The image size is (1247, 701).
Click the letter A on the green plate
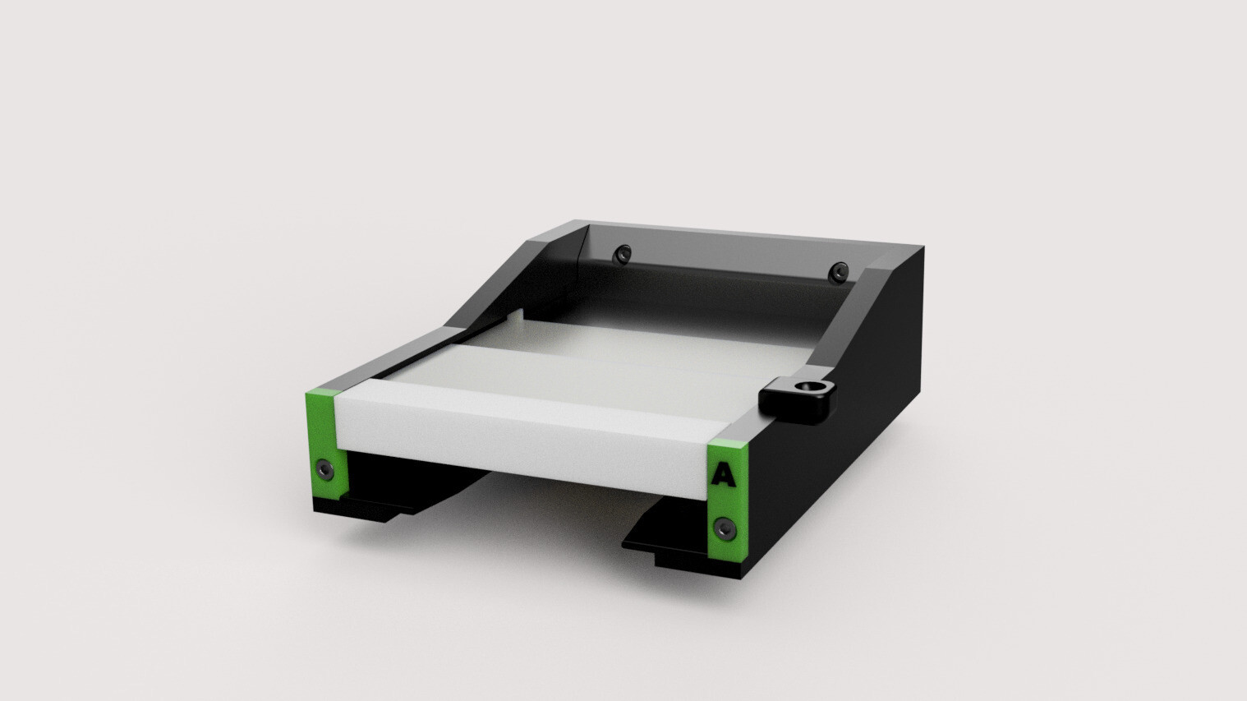point(723,475)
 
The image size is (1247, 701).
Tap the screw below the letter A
point(725,528)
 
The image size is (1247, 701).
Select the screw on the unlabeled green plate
point(325,469)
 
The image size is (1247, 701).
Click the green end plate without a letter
point(326,445)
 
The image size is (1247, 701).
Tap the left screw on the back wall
point(623,255)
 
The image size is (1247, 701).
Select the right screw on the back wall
point(838,272)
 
